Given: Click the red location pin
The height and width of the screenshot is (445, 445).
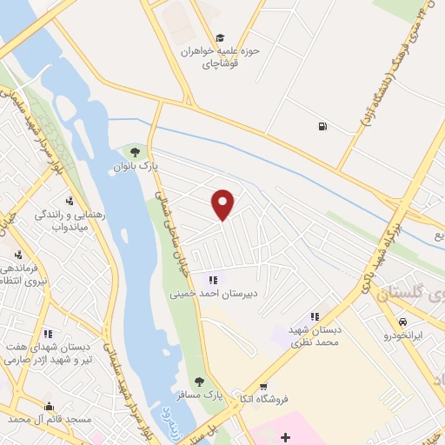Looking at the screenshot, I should point(223,205).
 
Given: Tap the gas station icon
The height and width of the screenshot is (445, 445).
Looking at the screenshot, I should point(323,127).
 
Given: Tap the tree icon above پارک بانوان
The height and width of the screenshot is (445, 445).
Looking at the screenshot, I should point(132,152).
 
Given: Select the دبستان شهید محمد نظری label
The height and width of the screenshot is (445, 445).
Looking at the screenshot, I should point(313,336).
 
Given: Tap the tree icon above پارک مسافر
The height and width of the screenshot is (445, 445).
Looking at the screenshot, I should point(199,382).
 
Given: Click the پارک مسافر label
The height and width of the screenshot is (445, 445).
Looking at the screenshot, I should point(200,395).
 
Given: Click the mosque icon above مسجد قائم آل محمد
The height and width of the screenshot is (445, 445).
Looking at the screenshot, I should point(49,406).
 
